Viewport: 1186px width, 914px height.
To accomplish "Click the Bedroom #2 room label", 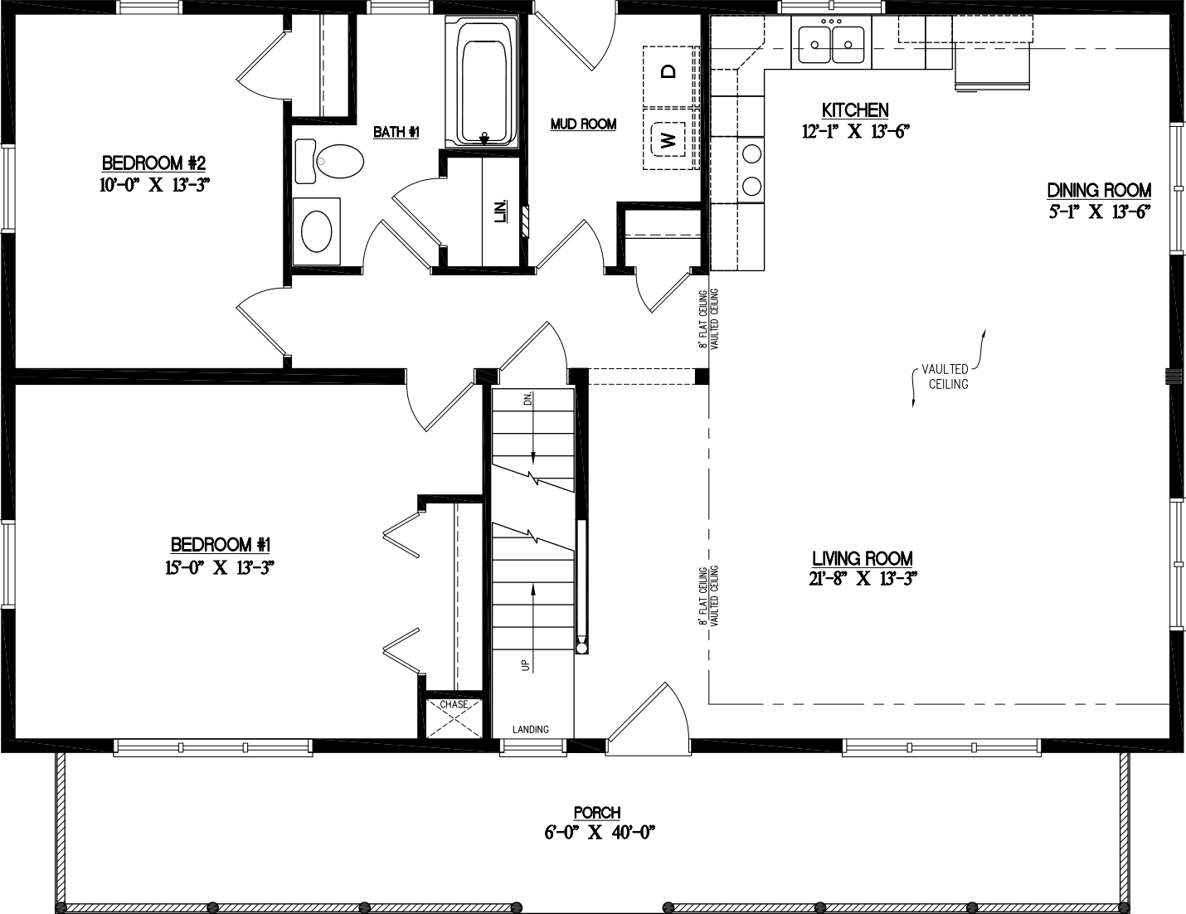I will [153, 162].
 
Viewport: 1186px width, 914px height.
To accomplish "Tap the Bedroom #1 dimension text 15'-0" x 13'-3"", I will [220, 568].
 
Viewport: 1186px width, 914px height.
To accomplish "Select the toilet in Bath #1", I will [331, 160].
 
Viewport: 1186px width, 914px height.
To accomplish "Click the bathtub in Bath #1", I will [483, 83].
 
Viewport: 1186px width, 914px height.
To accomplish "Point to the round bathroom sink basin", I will [317, 231].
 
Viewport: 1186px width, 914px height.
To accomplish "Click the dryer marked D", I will [668, 72].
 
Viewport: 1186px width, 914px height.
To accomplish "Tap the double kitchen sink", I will [832, 41].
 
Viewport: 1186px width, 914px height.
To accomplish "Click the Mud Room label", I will [583, 124].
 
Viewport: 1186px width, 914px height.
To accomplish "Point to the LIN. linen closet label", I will [501, 212].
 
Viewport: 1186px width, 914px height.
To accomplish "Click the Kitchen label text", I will [855, 110].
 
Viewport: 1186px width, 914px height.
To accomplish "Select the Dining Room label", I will [1099, 191].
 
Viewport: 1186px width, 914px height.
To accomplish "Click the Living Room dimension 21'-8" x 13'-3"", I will [862, 580].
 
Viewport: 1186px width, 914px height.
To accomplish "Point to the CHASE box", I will [454, 717].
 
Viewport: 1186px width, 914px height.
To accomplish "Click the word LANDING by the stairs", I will [530, 730].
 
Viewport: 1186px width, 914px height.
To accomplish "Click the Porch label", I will [596, 814].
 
